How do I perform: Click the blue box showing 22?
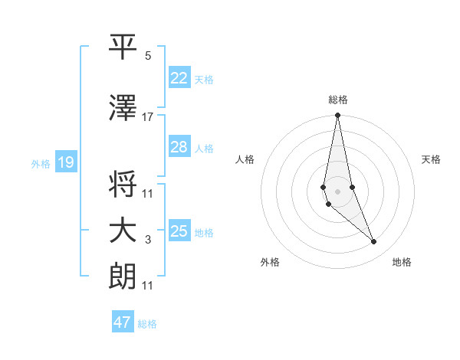click(x=179, y=78)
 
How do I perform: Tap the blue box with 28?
click(x=179, y=147)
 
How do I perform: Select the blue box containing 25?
click(x=179, y=231)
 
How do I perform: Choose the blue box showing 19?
click(x=65, y=162)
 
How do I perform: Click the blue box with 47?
click(x=123, y=322)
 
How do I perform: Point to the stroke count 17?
click(x=148, y=117)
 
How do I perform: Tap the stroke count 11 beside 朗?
click(x=148, y=286)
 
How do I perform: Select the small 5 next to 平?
click(x=148, y=56)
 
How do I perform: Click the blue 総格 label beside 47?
click(x=147, y=324)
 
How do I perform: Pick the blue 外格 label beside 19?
click(x=41, y=163)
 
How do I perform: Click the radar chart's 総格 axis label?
click(x=338, y=100)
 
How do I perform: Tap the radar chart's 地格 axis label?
click(x=402, y=262)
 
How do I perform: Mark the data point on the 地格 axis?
click(x=374, y=242)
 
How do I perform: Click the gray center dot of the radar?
click(x=337, y=191)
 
